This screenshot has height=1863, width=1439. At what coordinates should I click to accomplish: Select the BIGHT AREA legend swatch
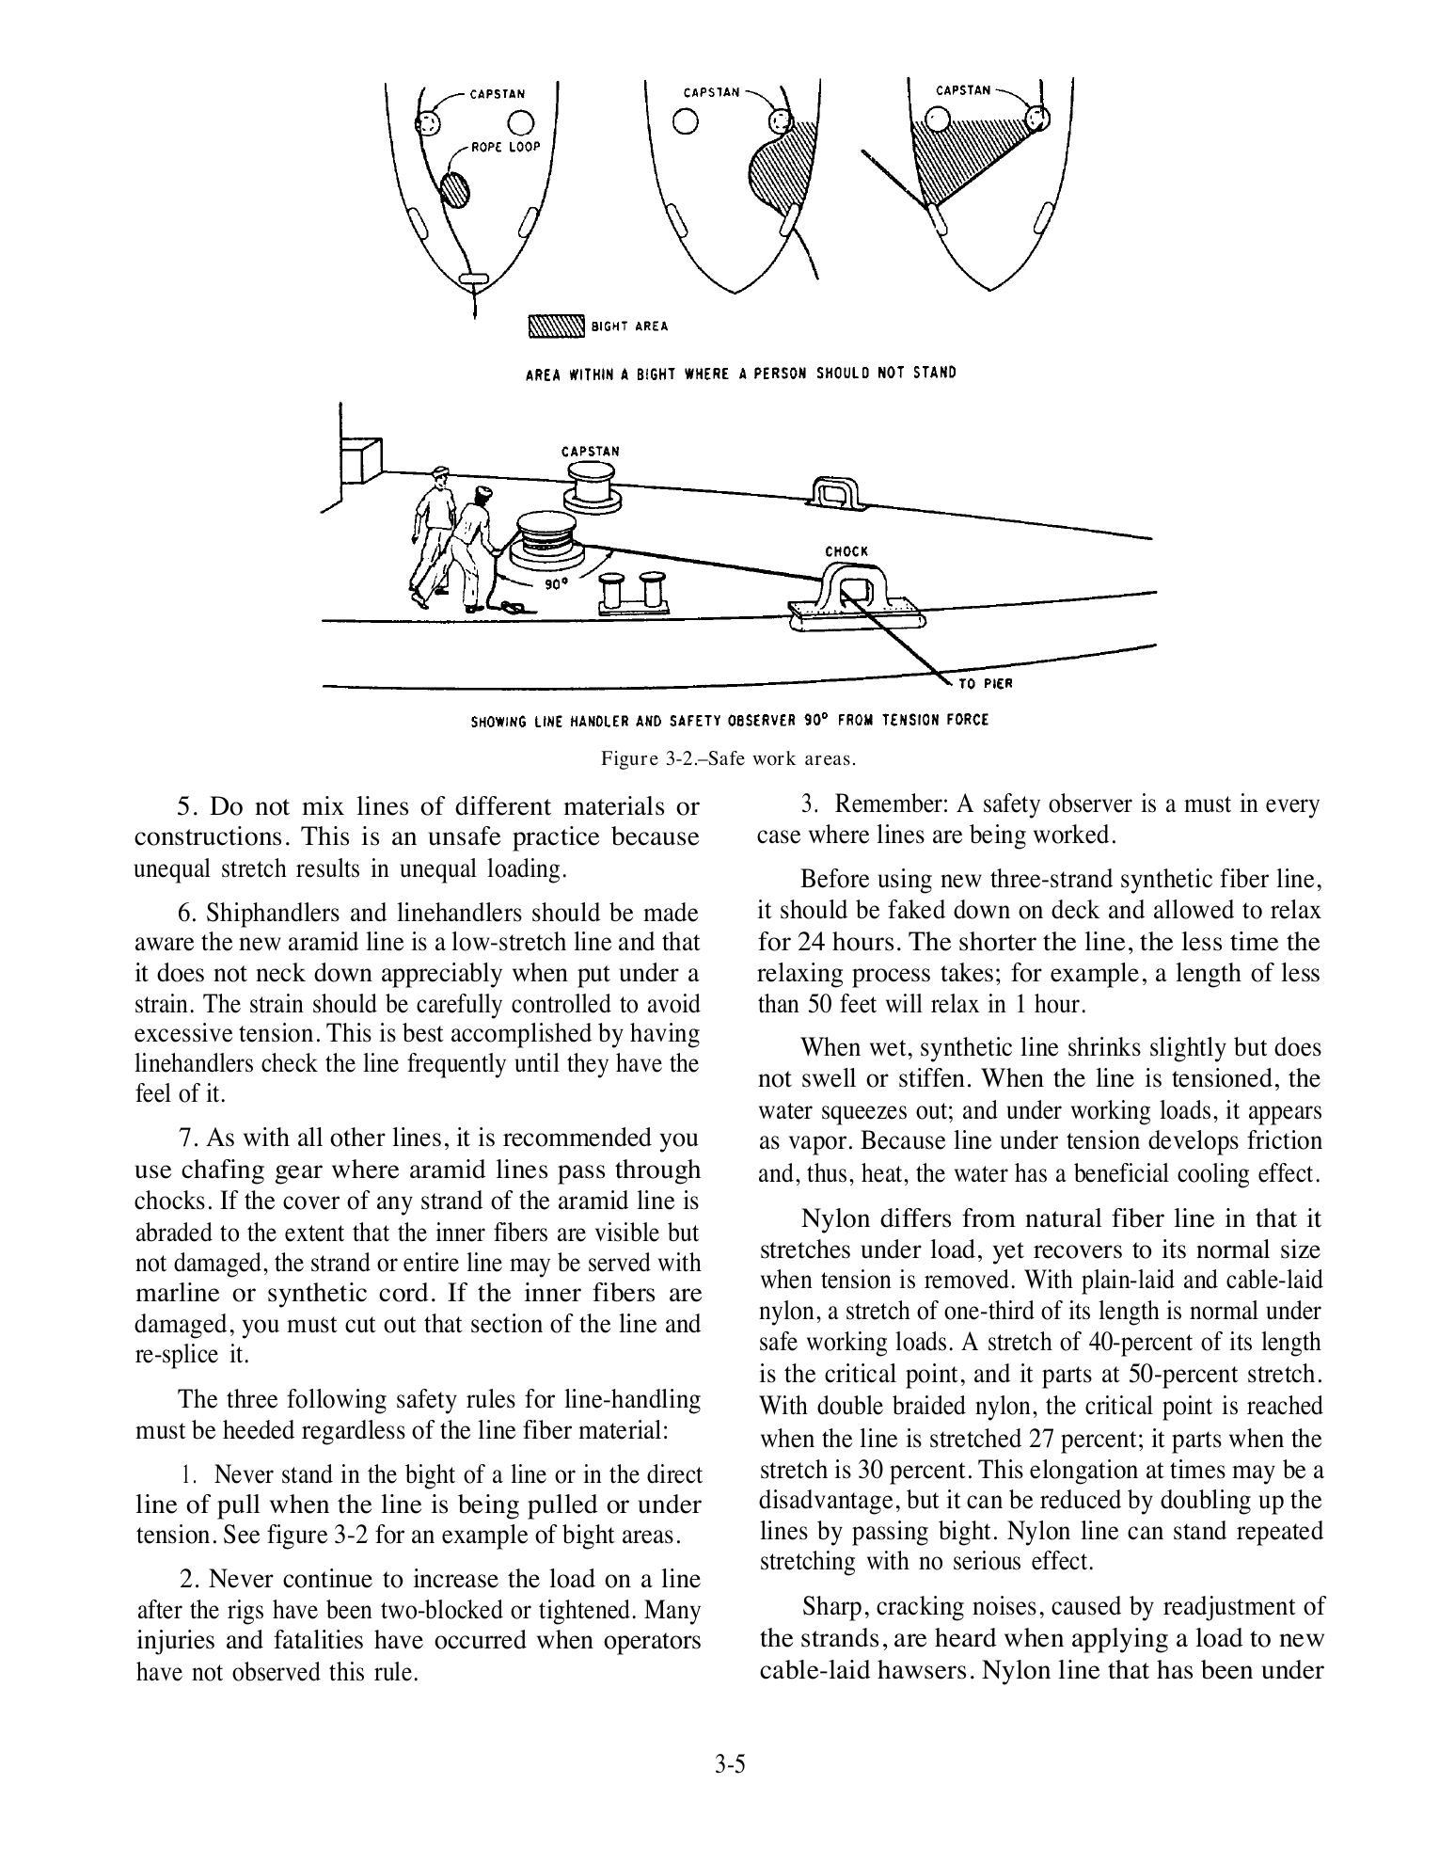(x=557, y=326)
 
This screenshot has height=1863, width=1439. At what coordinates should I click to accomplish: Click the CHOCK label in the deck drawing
(x=846, y=551)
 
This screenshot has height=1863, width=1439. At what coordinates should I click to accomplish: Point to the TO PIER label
(x=985, y=683)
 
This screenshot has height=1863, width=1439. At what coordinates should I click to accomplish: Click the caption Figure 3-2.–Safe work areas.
(x=729, y=757)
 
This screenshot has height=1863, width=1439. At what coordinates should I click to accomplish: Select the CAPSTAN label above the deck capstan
(x=591, y=451)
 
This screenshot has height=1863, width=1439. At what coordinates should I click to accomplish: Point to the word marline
(x=177, y=1293)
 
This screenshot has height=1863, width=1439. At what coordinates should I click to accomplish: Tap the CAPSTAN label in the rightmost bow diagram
(x=963, y=90)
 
